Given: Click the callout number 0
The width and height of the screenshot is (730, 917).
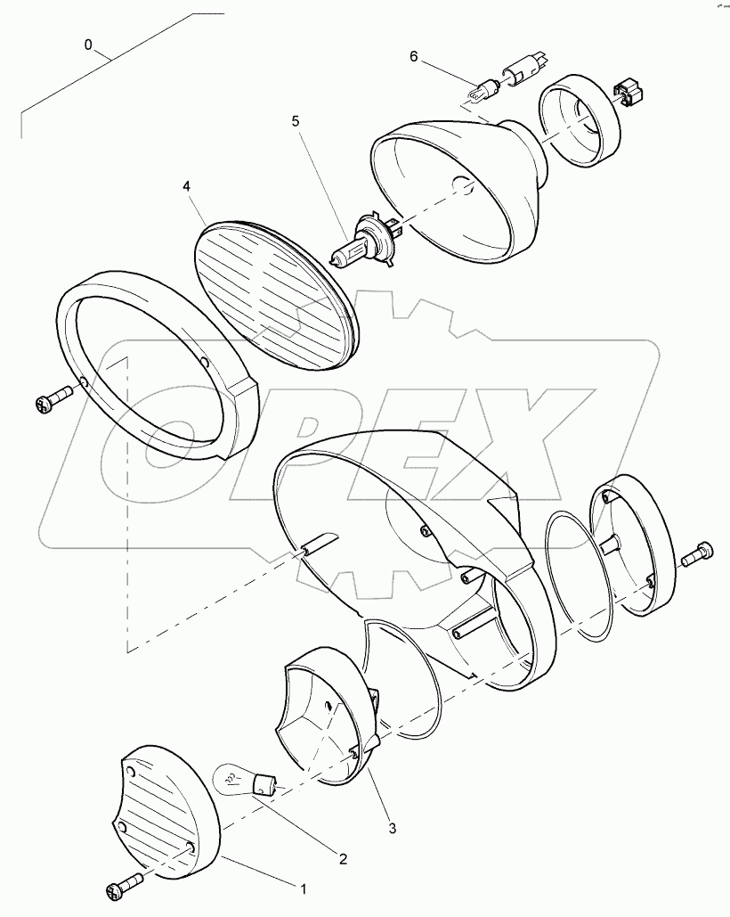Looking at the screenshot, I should pos(88,43).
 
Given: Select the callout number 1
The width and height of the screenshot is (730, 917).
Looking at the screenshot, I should pos(304,888).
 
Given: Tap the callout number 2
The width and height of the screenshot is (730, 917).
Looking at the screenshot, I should pos(343,859).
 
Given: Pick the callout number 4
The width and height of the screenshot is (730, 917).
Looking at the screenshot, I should pos(186,186).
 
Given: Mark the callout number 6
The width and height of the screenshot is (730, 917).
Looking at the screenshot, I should pos(413,56).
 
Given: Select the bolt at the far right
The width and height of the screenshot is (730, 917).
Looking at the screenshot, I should pos(695,556).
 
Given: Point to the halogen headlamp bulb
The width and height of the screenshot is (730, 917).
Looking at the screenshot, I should pos(365,242).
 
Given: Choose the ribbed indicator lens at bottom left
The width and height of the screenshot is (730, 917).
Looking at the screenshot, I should pos(169,811).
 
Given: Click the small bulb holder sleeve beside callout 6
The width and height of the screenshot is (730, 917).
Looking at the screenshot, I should pos(524,70).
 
